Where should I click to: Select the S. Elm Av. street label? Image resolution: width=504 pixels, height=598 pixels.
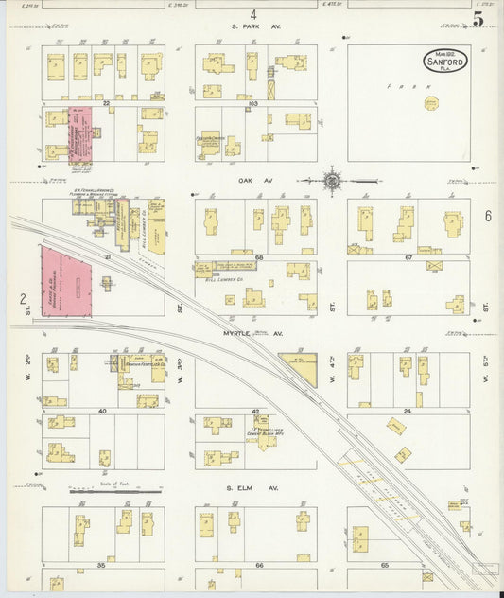[253, 488]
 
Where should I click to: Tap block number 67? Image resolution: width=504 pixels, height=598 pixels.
[408, 257]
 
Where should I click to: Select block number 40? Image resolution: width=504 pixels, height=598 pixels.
[100, 412]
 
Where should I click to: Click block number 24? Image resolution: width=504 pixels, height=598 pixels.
[408, 412]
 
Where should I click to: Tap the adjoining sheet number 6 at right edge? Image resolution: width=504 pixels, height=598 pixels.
[488, 217]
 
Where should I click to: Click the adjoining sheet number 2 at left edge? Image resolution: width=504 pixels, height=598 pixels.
[21, 300]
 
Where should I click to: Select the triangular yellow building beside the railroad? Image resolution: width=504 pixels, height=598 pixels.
[300, 365]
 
